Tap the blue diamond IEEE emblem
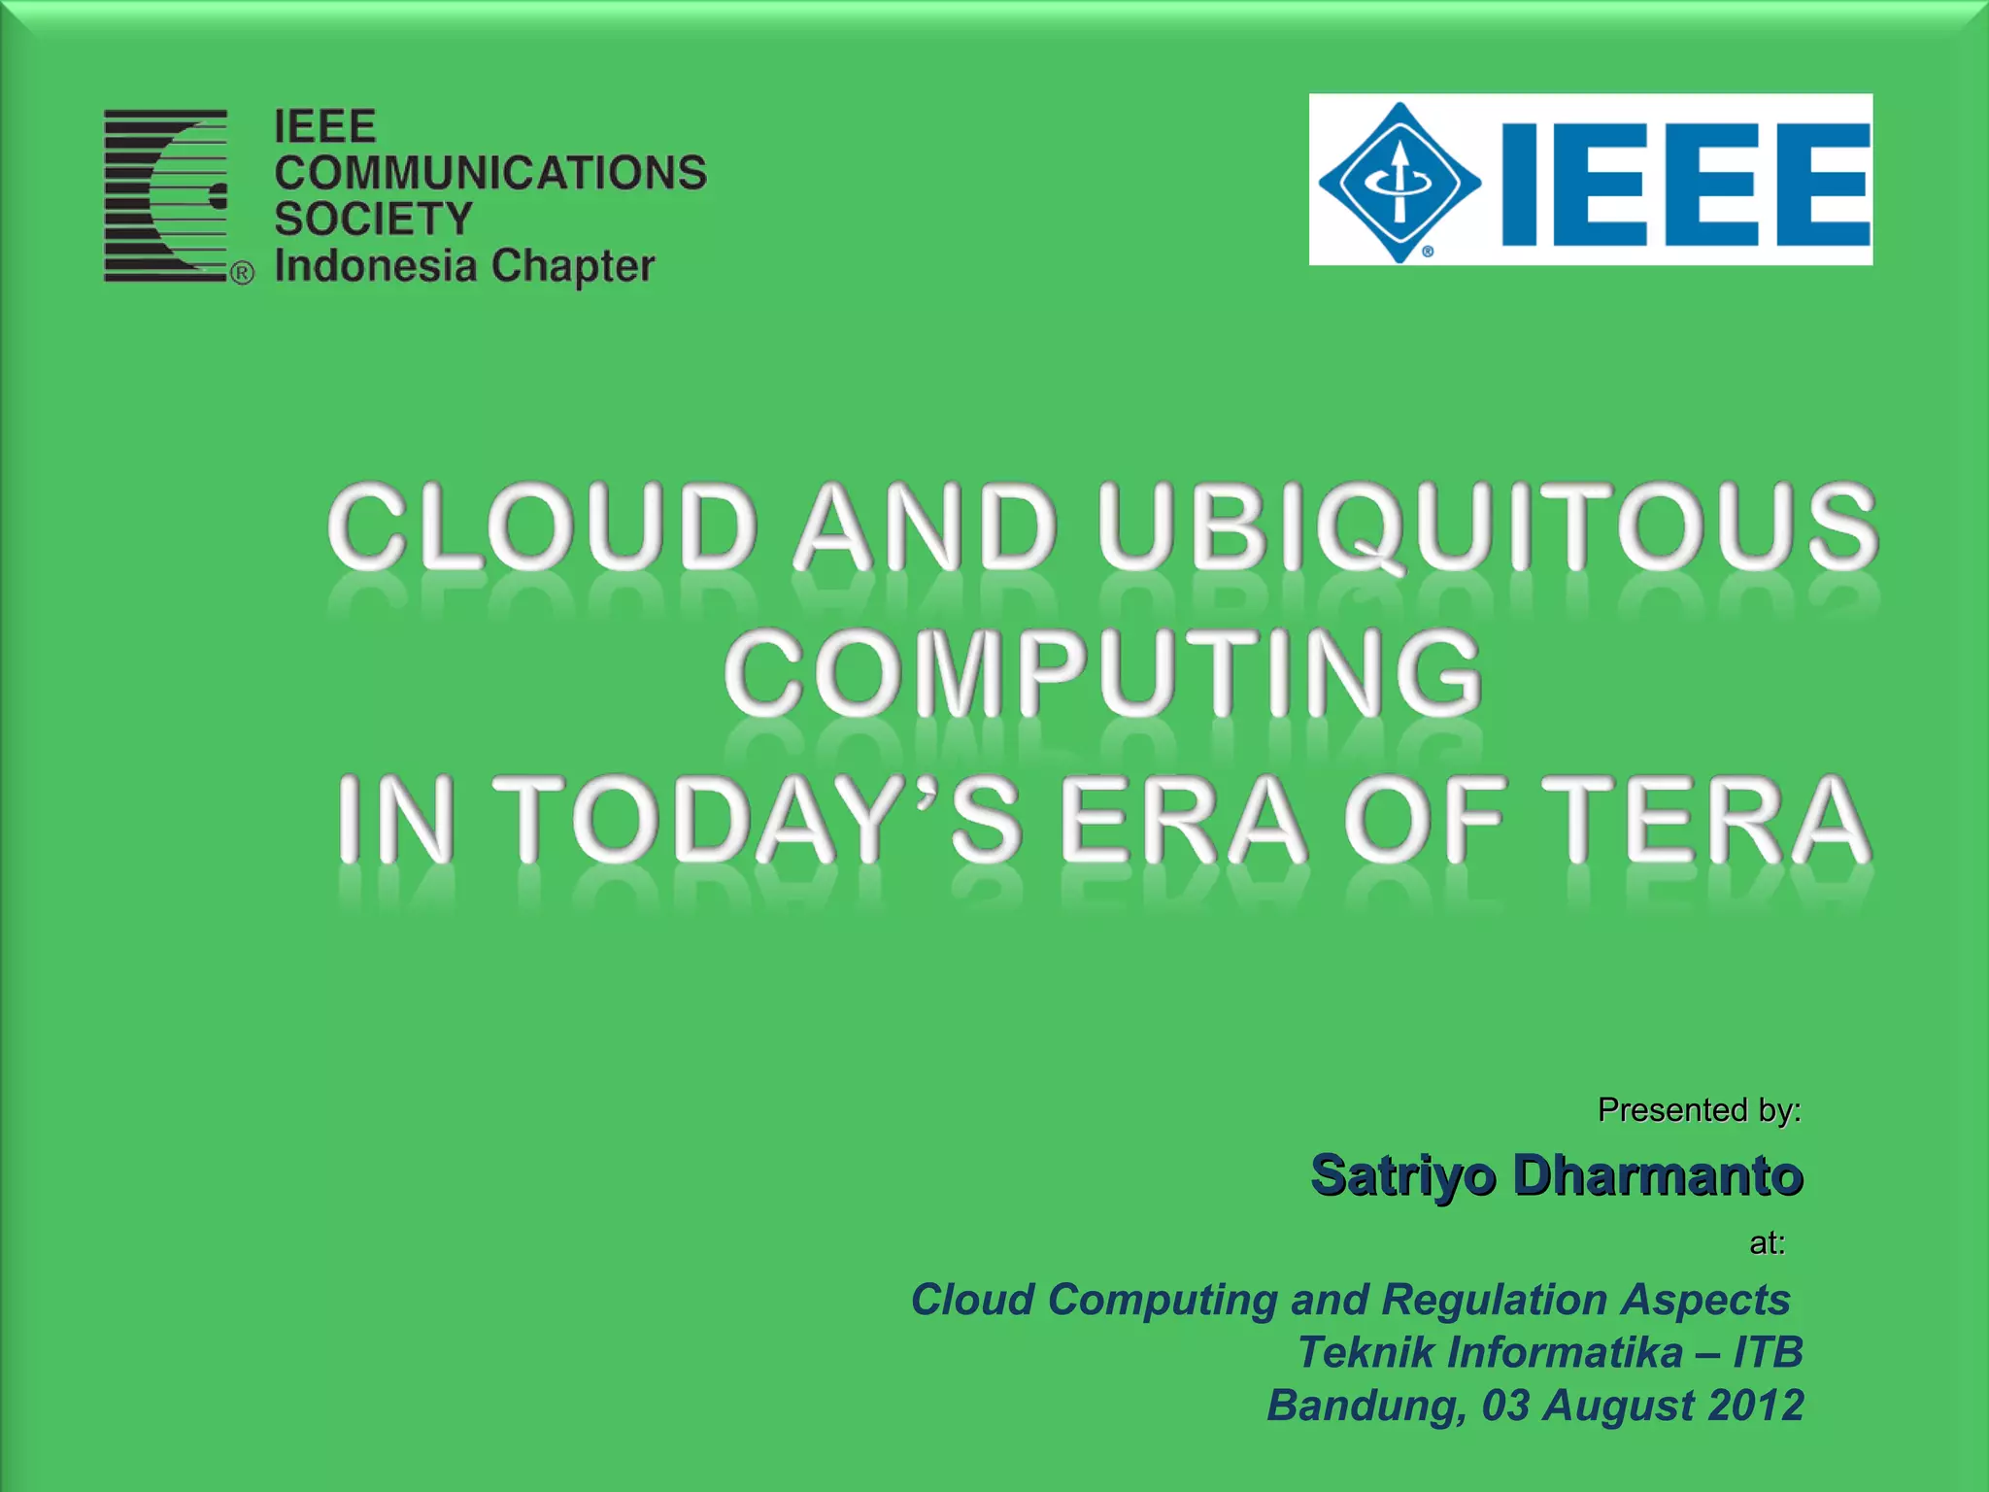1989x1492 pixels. coord(1399,182)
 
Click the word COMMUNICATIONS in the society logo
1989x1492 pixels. coord(489,173)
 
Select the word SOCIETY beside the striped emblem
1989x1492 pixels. coord(373,219)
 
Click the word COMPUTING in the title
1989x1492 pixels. coord(1102,672)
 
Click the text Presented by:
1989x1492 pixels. coord(1699,1109)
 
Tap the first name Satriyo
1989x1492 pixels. coord(1402,1175)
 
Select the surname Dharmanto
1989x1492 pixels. coord(1658,1175)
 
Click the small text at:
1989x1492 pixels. coord(1767,1243)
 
